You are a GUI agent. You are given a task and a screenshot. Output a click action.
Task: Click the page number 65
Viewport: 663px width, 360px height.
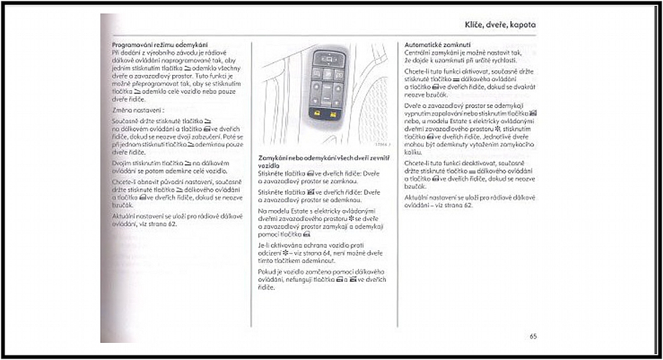coord(533,336)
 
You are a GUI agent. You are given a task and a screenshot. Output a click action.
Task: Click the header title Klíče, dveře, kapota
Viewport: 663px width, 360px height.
coord(499,25)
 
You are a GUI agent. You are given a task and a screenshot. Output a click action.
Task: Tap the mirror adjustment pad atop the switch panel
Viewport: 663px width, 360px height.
coord(328,58)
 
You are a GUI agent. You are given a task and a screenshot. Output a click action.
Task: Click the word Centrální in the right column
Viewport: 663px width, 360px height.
coord(420,51)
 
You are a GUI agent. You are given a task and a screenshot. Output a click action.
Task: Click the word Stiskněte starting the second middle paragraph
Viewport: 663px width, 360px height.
coord(274,192)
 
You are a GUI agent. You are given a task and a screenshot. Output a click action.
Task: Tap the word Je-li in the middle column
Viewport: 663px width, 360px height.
coord(265,245)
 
